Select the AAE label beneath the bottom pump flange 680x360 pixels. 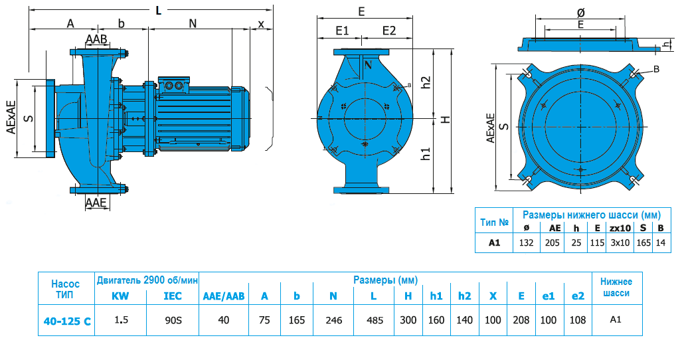pos(97,203)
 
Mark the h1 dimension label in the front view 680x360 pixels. pos(426,153)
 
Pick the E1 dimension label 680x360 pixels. pos(342,31)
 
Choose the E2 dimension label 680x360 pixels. pos(389,31)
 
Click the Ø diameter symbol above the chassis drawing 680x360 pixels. pos(580,12)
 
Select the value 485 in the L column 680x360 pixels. pos(375,320)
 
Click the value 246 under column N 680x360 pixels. pos(334,320)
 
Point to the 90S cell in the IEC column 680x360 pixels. pos(172,320)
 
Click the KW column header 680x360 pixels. pos(120,296)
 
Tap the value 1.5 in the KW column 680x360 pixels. pos(121,320)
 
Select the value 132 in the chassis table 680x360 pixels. pos(527,242)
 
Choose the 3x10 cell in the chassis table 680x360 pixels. pos(620,242)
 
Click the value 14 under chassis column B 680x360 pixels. pos(660,242)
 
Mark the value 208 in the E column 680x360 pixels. pos(522,320)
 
